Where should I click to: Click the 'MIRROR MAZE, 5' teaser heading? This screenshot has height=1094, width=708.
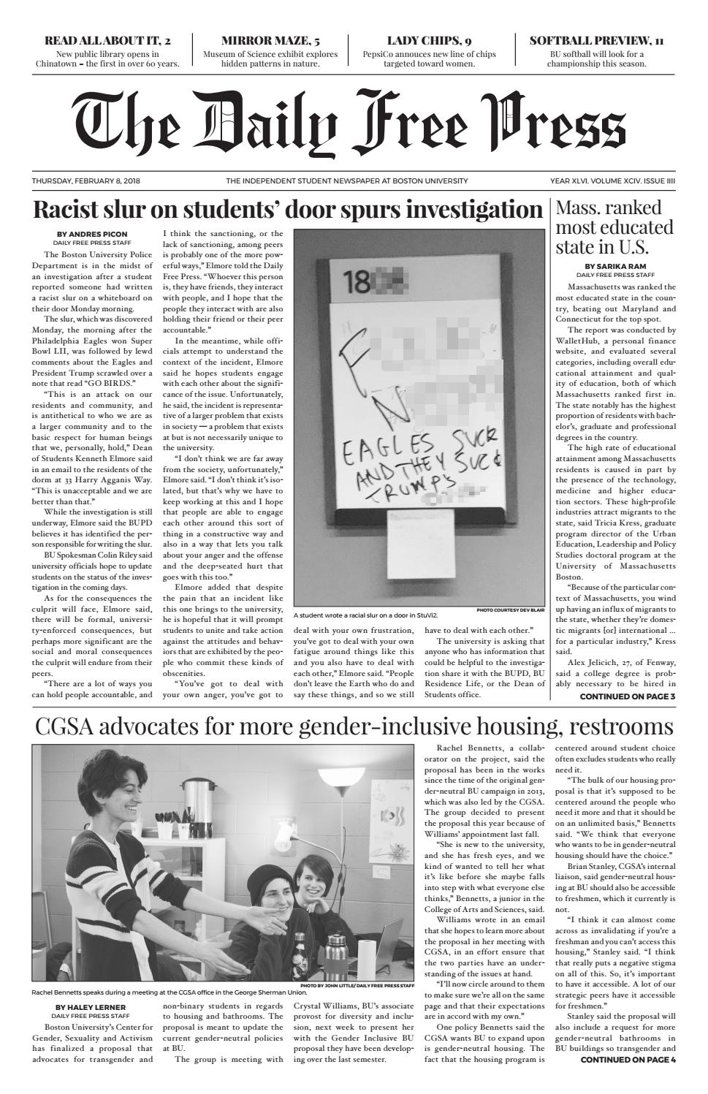pyautogui.click(x=270, y=41)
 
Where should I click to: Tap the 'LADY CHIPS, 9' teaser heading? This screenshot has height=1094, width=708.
pyautogui.click(x=429, y=41)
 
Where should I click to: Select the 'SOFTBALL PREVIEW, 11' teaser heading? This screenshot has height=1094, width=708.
pyautogui.click(x=596, y=41)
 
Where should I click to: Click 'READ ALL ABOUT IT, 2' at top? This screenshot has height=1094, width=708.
pyautogui.click(x=107, y=41)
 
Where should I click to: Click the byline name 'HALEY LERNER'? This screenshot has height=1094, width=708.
pyautogui.click(x=91, y=1007)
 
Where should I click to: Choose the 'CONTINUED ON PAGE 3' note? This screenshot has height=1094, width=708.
pyautogui.click(x=627, y=696)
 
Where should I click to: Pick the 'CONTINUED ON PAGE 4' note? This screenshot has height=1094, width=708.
pyautogui.click(x=628, y=1060)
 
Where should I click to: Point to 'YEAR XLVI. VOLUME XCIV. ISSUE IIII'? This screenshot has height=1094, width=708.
pyautogui.click(x=612, y=181)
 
